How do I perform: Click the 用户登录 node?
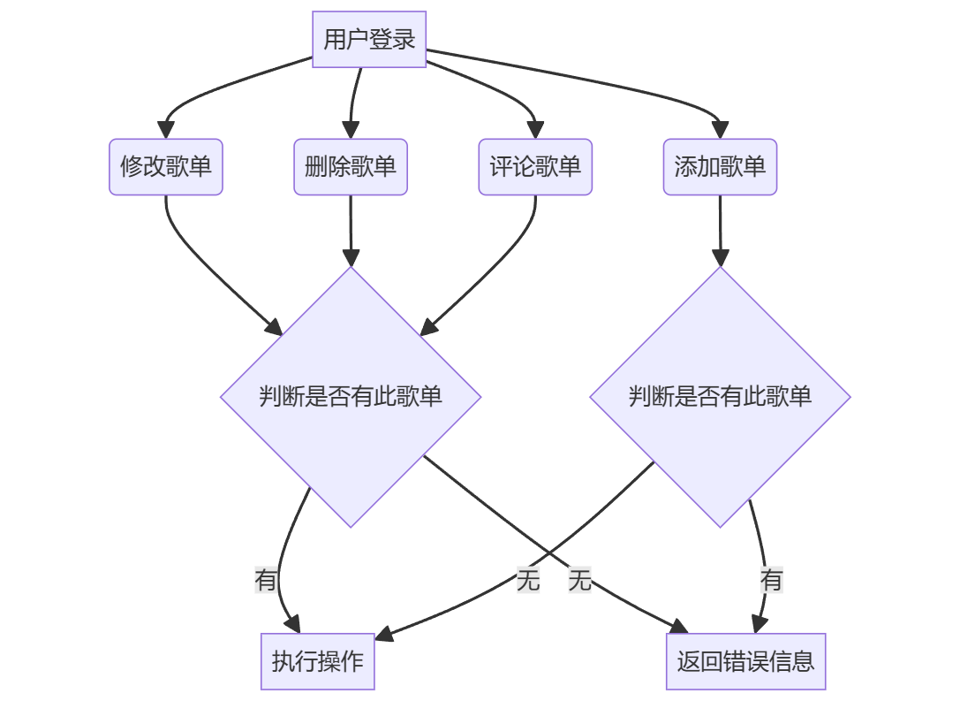pyautogui.click(x=369, y=40)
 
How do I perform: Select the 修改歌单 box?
pyautogui.click(x=166, y=166)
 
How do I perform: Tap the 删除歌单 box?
pyautogui.click(x=351, y=166)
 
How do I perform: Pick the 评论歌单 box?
pyautogui.click(x=535, y=166)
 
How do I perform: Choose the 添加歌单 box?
pyautogui.click(x=720, y=166)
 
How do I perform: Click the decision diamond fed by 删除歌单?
pyautogui.click(x=351, y=396)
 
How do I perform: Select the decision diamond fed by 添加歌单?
pyautogui.click(x=720, y=396)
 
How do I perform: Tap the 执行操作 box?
pyautogui.click(x=318, y=661)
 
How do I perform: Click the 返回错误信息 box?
pyautogui.click(x=745, y=661)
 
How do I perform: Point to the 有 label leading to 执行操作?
pyautogui.click(x=266, y=581)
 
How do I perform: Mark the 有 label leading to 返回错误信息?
pyautogui.click(x=772, y=581)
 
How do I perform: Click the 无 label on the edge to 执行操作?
pyautogui.click(x=528, y=581)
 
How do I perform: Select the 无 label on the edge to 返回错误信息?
pyautogui.click(x=580, y=581)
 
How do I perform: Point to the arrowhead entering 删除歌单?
pyautogui.click(x=351, y=130)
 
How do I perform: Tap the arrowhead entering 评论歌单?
pyautogui.click(x=535, y=130)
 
